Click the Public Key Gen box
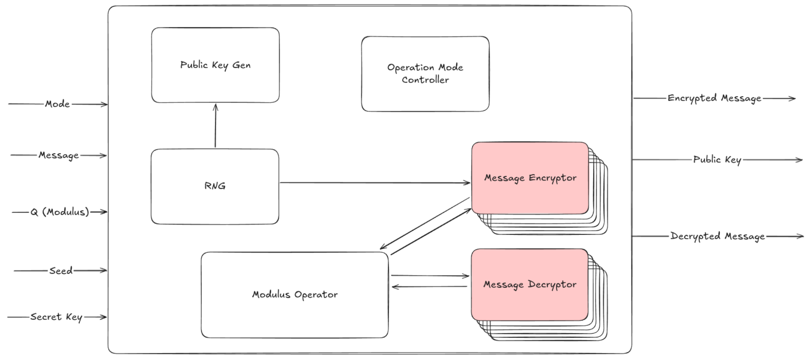point(215,65)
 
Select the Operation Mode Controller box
point(425,73)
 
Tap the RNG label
point(215,186)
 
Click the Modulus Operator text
point(295,295)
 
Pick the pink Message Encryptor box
point(529,178)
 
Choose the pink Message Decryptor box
point(529,285)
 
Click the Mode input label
point(57,104)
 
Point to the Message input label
point(58,155)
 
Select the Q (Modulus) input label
point(59,212)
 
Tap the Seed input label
point(61,271)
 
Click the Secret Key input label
point(56,317)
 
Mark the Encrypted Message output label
point(714,98)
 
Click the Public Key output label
point(717,160)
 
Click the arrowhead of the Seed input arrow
point(104,271)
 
